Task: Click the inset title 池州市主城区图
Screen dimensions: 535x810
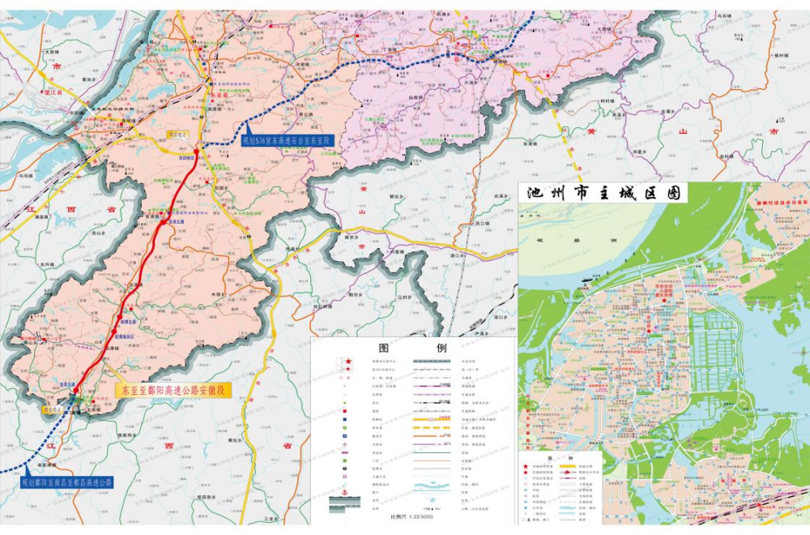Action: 602,193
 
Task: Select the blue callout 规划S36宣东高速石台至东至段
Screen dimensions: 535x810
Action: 288,140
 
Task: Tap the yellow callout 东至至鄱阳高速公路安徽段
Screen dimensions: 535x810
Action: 173,391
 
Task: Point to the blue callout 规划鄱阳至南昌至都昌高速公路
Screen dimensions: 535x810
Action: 67,482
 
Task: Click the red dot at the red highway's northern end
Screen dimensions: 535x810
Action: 197,151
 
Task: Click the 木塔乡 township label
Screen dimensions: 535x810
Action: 216,294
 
